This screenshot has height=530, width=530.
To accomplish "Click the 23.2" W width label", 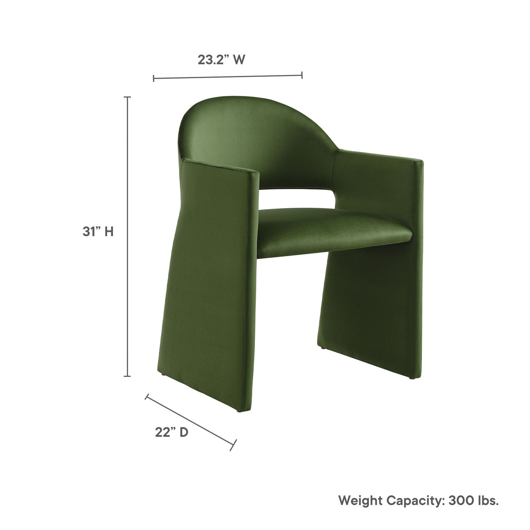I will pos(221,60).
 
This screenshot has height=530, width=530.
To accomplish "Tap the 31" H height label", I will pos(98,231).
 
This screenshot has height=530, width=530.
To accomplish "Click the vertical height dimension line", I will pos(127,236).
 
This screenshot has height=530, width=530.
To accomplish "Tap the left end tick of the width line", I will pos(154,78).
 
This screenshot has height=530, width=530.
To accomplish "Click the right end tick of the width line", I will pos(302,75).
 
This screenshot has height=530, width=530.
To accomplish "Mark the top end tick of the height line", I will pos(127,97).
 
